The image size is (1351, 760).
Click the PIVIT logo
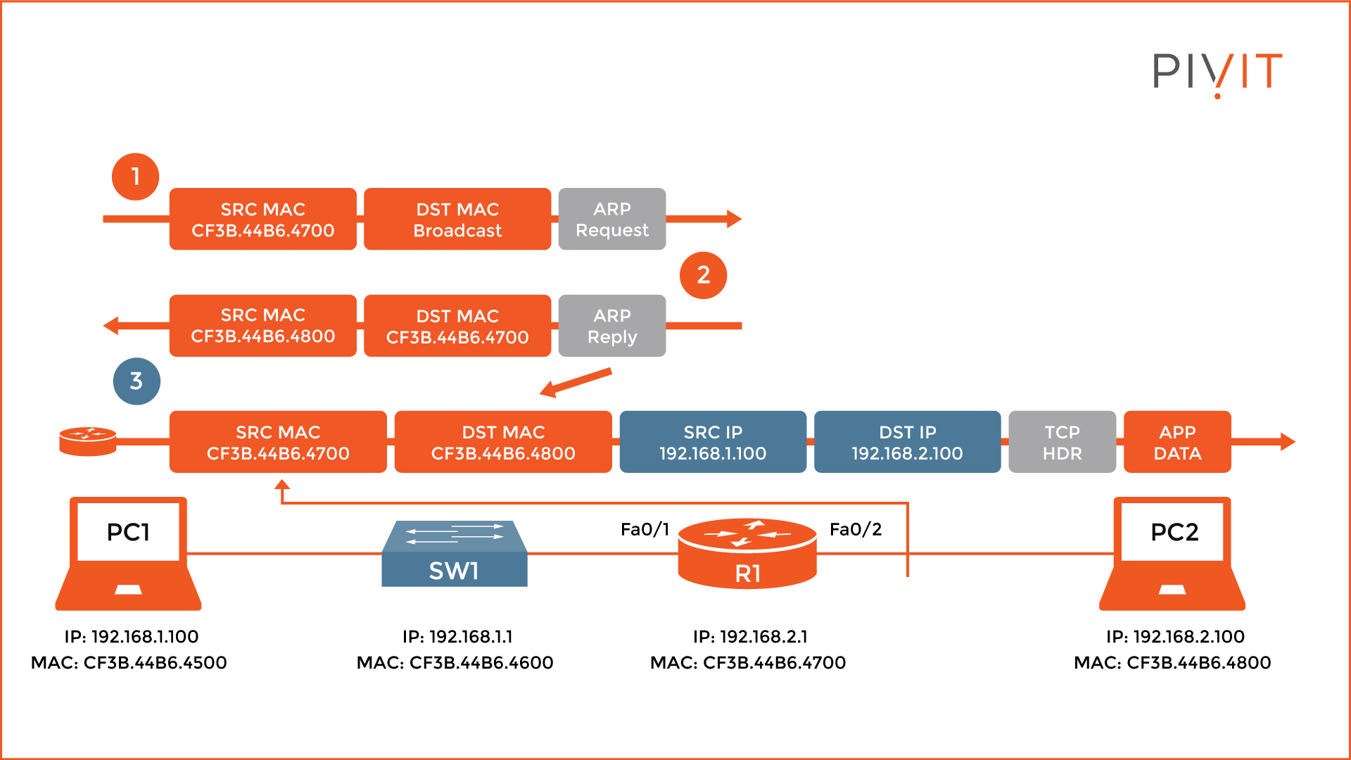(1217, 72)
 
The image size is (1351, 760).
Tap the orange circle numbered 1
(135, 177)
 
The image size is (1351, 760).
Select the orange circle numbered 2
(703, 275)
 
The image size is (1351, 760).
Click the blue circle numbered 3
(137, 381)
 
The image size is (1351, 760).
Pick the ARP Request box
(611, 219)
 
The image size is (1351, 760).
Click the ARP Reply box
(611, 326)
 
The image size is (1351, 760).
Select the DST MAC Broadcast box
(457, 219)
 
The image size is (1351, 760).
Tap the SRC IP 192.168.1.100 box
(713, 442)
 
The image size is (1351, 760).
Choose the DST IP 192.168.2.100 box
(907, 442)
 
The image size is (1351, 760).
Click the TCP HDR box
(1062, 442)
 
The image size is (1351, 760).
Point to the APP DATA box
(1177, 442)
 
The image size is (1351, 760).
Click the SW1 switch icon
(455, 555)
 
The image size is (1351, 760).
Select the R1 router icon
(747, 555)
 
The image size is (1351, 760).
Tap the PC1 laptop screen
(128, 532)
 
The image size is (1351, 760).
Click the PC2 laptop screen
(1174, 532)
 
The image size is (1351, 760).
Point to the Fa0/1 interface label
(645, 529)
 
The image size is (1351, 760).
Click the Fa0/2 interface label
(855, 529)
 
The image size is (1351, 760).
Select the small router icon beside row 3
(87, 441)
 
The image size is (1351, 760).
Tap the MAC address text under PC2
(1172, 662)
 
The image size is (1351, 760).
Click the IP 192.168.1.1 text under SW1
(457, 636)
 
